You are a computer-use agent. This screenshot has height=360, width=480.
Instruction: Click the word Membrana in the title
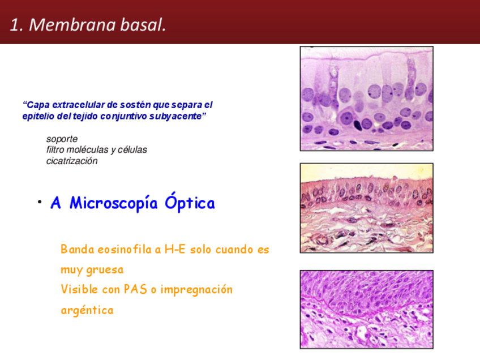coord(72,24)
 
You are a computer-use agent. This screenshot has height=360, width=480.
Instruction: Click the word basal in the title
coord(143,24)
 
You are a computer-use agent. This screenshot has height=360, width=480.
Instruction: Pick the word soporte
coord(62,139)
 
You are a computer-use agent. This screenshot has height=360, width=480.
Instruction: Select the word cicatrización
coord(72,161)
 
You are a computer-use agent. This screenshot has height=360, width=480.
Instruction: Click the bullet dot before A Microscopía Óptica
coord(40,202)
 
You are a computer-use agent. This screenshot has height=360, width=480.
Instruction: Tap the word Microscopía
coord(113,204)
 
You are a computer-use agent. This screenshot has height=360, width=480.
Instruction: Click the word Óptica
coord(190,202)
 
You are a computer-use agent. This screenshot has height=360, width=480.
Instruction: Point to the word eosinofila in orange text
coord(125,250)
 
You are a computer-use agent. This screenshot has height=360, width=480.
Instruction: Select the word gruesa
coord(105,270)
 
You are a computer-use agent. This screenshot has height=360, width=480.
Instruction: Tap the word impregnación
coord(196,290)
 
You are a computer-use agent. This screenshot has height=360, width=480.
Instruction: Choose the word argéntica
coord(87,310)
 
